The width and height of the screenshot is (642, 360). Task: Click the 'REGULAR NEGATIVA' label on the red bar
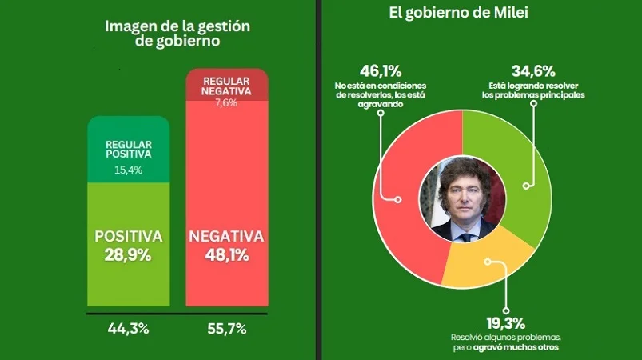225,86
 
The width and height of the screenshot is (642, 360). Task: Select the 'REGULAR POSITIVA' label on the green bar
128,150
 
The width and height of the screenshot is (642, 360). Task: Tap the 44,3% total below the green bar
128,327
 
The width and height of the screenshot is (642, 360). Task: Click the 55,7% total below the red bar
225,327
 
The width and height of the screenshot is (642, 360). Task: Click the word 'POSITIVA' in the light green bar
128,237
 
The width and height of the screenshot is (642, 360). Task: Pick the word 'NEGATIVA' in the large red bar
225,237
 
